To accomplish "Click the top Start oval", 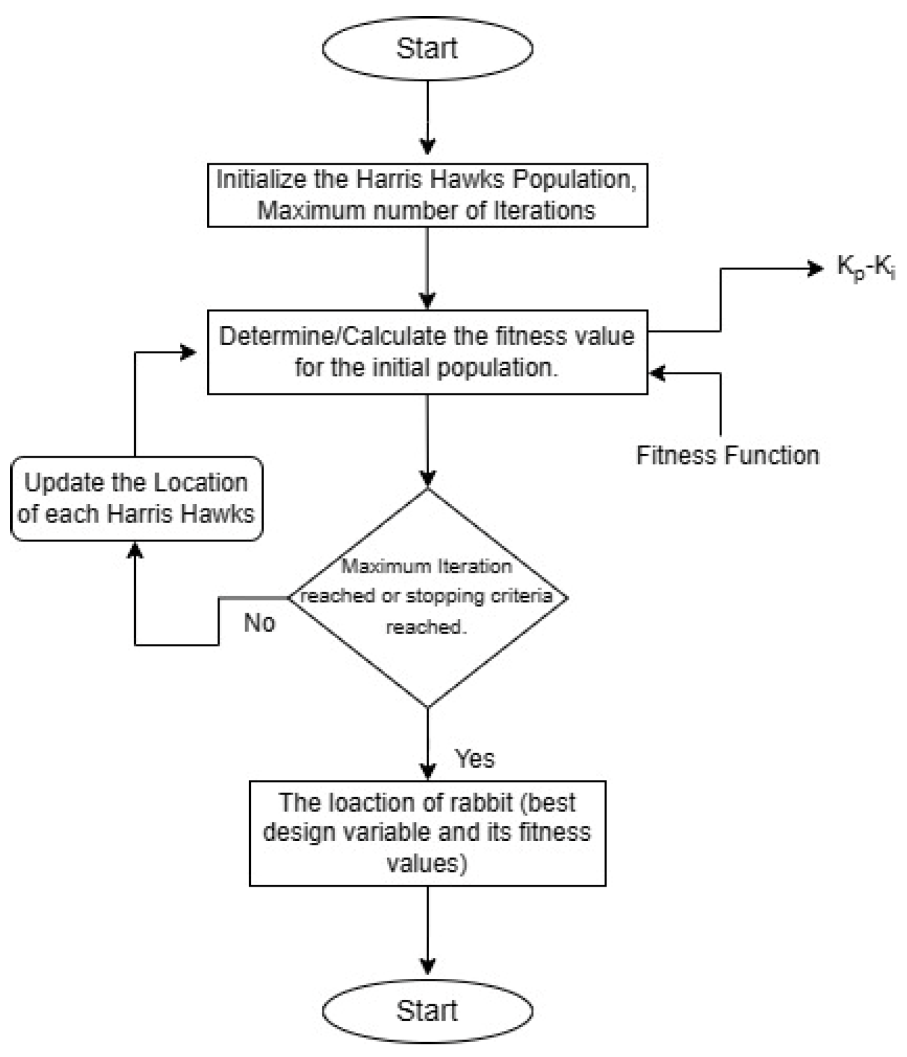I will click(x=427, y=48).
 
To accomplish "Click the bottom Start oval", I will click(x=427, y=1010).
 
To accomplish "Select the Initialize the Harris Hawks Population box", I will click(x=427, y=195).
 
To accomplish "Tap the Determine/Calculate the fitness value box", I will click(x=427, y=352).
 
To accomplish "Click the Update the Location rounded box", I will click(x=136, y=498).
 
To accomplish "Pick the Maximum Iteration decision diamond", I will click(x=427, y=597).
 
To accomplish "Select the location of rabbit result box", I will click(x=427, y=833).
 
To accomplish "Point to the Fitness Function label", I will click(x=728, y=455).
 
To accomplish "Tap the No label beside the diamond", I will click(x=259, y=623).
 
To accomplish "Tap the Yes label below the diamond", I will click(x=475, y=758).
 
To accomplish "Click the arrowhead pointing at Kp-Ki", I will click(x=816, y=269).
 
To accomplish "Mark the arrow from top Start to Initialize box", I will click(x=427, y=118).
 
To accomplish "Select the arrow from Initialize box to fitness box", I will click(x=427, y=267).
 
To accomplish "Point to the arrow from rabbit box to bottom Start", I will click(x=427, y=931).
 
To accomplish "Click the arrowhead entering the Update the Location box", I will click(x=135, y=550).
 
